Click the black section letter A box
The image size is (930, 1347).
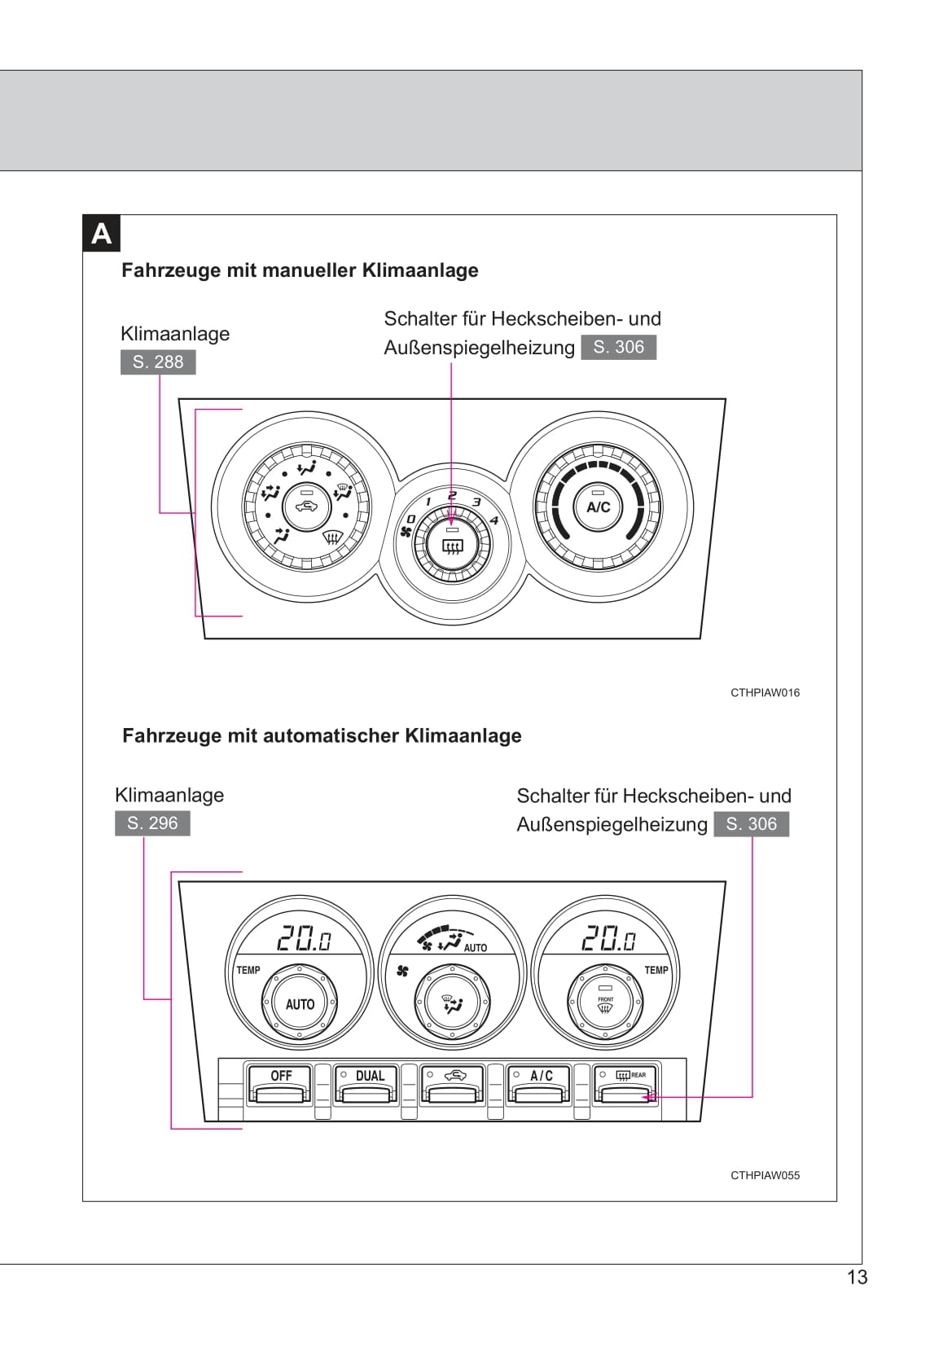101,233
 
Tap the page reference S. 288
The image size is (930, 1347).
157,362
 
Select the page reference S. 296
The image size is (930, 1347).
152,823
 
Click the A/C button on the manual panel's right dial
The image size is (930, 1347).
598,507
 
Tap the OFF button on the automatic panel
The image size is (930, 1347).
280,1084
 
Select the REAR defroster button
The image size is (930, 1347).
625,1084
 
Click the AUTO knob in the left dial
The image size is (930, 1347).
300,1003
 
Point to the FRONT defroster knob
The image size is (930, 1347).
605,1003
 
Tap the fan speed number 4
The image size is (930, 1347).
494,520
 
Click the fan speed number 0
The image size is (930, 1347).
410,518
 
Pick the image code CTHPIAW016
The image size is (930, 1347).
765,693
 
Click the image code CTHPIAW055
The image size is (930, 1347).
765,1176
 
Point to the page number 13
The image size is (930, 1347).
857,1277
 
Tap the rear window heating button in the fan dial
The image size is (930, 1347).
452,545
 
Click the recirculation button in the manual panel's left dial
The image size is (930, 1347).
306,507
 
